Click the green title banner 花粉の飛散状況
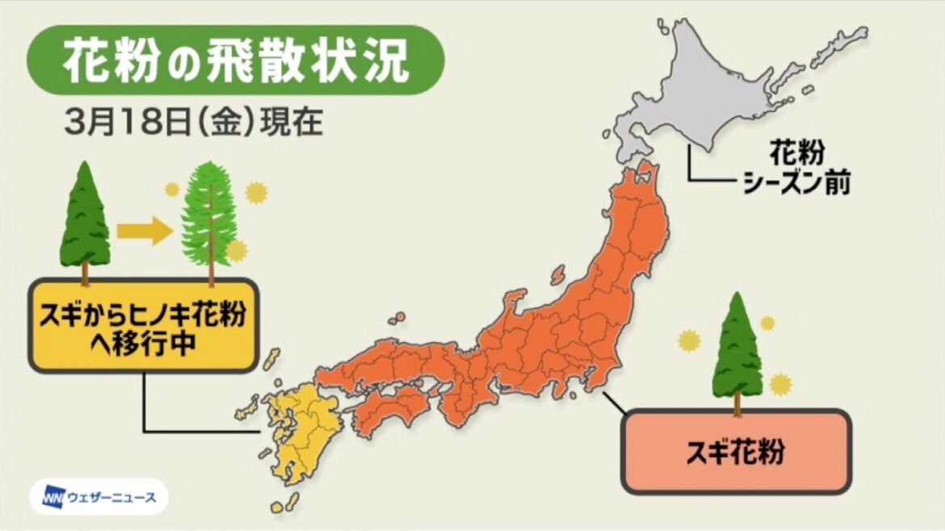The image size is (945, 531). [235, 61]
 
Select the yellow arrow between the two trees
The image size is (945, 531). [144, 231]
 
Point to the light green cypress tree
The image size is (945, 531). [210, 216]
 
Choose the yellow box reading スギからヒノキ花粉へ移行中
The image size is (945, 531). [144, 325]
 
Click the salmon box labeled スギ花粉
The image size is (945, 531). [736, 451]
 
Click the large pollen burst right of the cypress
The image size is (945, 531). [256, 192]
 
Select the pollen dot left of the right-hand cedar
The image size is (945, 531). [687, 340]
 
